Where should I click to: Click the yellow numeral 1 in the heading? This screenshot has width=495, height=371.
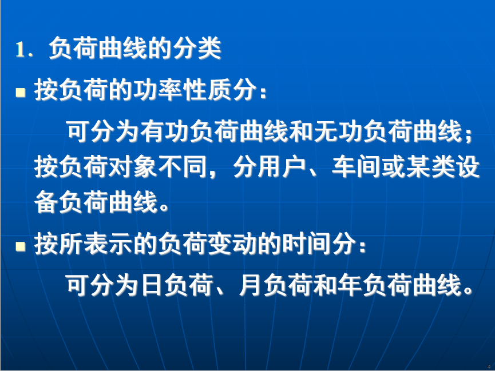point(20,49)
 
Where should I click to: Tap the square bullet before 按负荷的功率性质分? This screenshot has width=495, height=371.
point(21,92)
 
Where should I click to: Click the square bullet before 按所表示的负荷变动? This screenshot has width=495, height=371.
point(21,246)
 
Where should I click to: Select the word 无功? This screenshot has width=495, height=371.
point(338,131)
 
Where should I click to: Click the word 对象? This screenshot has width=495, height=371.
point(133,166)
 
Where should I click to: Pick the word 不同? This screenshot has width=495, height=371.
point(182,166)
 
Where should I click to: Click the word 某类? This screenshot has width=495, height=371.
point(430,166)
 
